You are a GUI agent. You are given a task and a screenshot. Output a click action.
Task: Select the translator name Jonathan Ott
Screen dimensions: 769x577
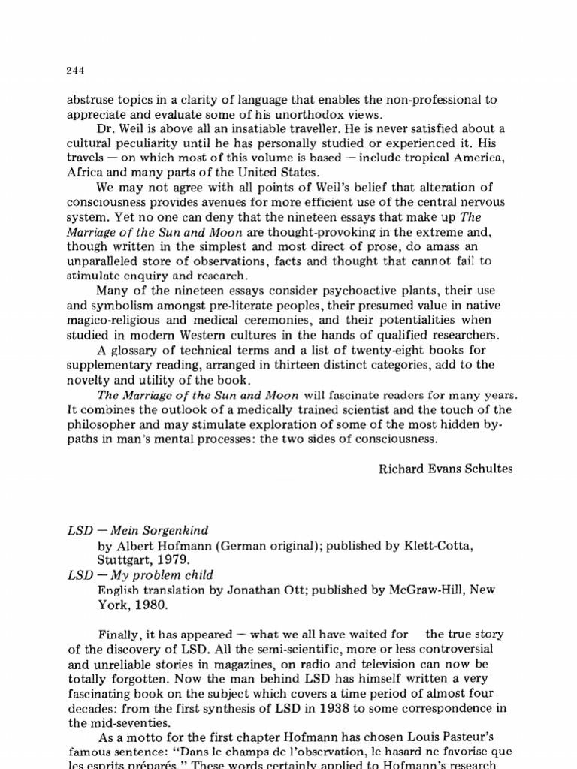227,590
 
